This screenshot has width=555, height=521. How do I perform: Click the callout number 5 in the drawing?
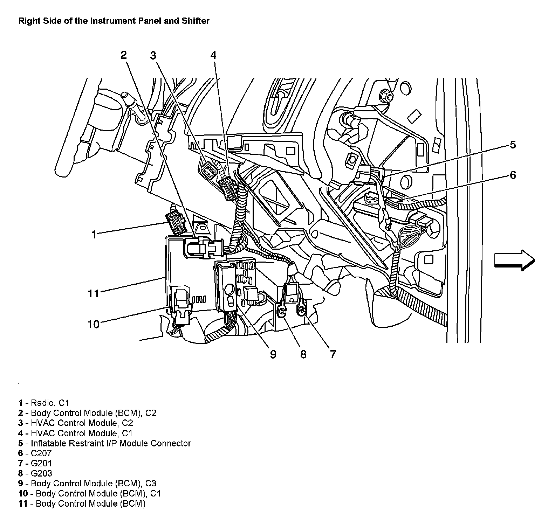513,145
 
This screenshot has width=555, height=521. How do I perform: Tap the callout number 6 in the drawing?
513,175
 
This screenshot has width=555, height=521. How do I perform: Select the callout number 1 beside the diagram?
94,234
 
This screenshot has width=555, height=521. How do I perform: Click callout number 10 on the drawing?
94,324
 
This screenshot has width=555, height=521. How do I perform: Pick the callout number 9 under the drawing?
273,354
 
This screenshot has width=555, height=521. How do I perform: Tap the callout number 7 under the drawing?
333,354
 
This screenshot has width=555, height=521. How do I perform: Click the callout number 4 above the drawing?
213,55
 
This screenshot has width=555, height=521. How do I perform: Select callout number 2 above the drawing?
123,55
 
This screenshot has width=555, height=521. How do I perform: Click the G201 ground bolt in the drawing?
302,309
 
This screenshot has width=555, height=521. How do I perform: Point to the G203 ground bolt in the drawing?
282,311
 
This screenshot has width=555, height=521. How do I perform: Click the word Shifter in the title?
196,21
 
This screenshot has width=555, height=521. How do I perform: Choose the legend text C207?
41,453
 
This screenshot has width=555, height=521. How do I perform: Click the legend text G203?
41,473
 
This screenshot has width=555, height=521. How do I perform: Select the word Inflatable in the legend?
48,443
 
